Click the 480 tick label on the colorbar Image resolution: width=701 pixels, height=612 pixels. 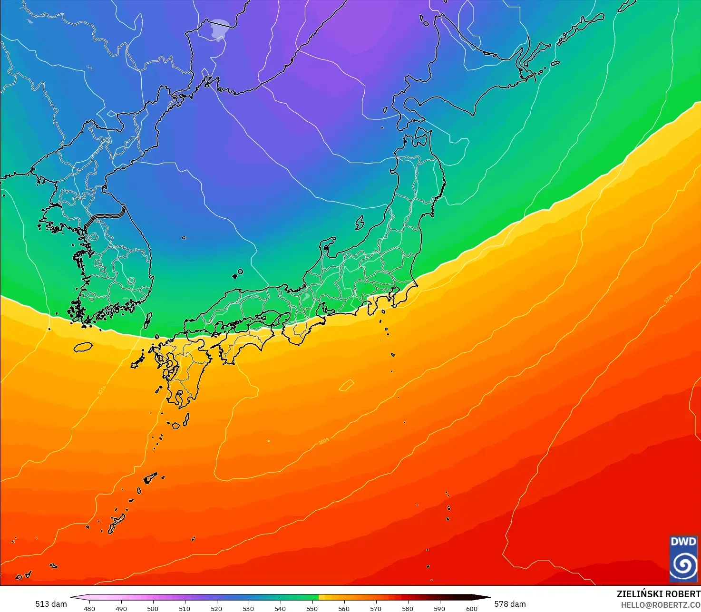[x=89, y=608]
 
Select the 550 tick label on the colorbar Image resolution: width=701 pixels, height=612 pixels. [x=312, y=608]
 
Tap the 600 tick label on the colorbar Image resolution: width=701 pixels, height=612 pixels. [x=471, y=608]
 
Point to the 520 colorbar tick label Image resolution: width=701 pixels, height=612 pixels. [x=216, y=608]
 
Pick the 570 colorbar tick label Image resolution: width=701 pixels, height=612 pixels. [x=376, y=608]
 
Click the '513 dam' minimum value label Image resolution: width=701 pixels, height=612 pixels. [x=51, y=604]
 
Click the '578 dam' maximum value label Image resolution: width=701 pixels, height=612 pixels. [x=510, y=604]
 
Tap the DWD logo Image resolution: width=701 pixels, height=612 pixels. [x=683, y=559]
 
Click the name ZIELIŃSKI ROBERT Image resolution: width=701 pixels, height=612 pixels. [x=658, y=594]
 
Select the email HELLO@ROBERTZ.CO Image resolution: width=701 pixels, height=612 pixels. [x=661, y=604]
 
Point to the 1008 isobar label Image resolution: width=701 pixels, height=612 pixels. [x=323, y=441]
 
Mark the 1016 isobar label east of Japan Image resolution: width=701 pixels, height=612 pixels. [x=668, y=298]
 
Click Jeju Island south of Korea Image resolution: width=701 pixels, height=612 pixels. [x=83, y=347]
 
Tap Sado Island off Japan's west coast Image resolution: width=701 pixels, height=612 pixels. [x=360, y=223]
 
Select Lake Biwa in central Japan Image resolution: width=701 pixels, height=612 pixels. [x=306, y=298]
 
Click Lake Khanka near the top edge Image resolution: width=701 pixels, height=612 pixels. [x=219, y=29]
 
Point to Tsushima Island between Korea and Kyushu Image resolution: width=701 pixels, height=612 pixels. [x=148, y=320]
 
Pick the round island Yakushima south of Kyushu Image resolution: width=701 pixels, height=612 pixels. [x=176, y=426]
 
